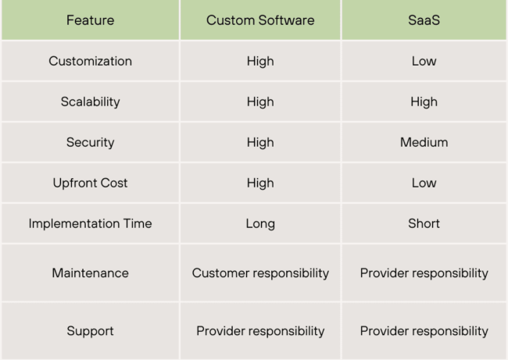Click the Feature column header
(x=90, y=20)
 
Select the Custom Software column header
(x=260, y=20)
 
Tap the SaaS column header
(x=424, y=20)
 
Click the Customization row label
(x=90, y=61)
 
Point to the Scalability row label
(x=90, y=102)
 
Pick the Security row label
(x=90, y=142)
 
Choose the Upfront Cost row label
(x=90, y=183)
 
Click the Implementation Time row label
(x=90, y=223)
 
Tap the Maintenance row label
(x=90, y=273)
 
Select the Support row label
(x=90, y=330)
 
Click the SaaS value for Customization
(x=424, y=61)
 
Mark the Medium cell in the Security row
(x=424, y=142)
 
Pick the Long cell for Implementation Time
(x=260, y=223)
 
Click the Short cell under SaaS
(x=424, y=223)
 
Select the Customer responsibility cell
(x=260, y=273)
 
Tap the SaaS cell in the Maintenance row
(x=424, y=273)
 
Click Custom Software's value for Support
(x=260, y=330)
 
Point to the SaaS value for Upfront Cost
(x=424, y=183)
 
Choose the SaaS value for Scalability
(x=424, y=102)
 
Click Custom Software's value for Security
(x=260, y=142)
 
